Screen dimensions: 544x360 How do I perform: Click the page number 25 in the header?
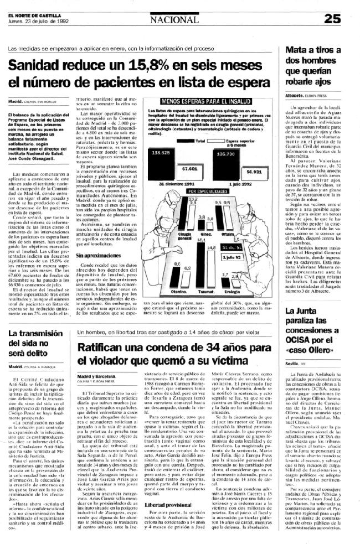point(346,18)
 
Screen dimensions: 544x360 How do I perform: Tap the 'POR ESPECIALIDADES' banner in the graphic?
point(207,190)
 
